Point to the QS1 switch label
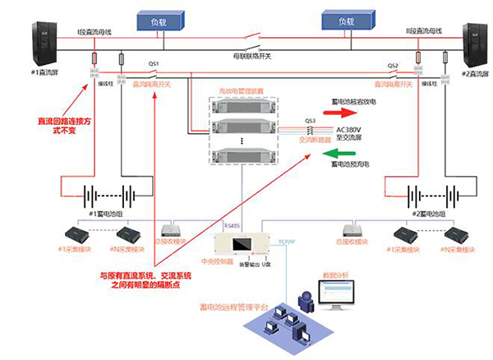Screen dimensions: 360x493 [x=153, y=65]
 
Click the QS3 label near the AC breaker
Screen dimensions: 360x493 [x=310, y=120]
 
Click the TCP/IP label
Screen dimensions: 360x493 [x=286, y=242]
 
